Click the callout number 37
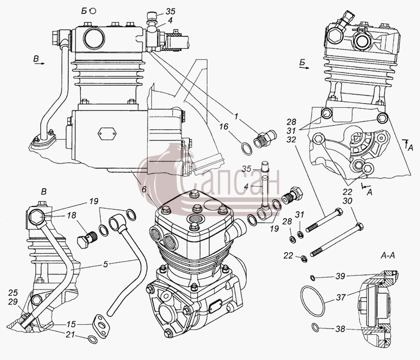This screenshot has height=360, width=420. click(x=341, y=297)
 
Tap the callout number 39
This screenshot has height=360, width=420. click(x=340, y=276)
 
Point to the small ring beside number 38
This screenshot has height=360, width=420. click(x=316, y=327)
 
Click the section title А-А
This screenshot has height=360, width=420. click(x=387, y=255)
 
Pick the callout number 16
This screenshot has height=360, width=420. click(x=224, y=127)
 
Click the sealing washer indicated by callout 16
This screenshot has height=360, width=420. click(x=247, y=149)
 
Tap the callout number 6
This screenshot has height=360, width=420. click(x=144, y=190)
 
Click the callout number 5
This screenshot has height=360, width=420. click(x=106, y=264)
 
